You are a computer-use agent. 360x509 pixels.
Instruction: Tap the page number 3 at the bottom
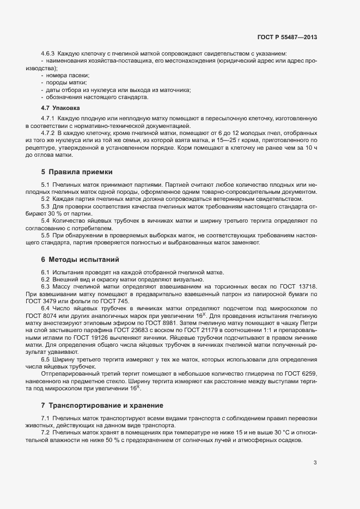tap(315, 463)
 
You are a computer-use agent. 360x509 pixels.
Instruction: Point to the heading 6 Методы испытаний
tap(80, 259)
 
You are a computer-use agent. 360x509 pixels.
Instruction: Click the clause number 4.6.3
tap(49, 53)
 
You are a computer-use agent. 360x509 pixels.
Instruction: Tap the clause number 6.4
tap(46, 308)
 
